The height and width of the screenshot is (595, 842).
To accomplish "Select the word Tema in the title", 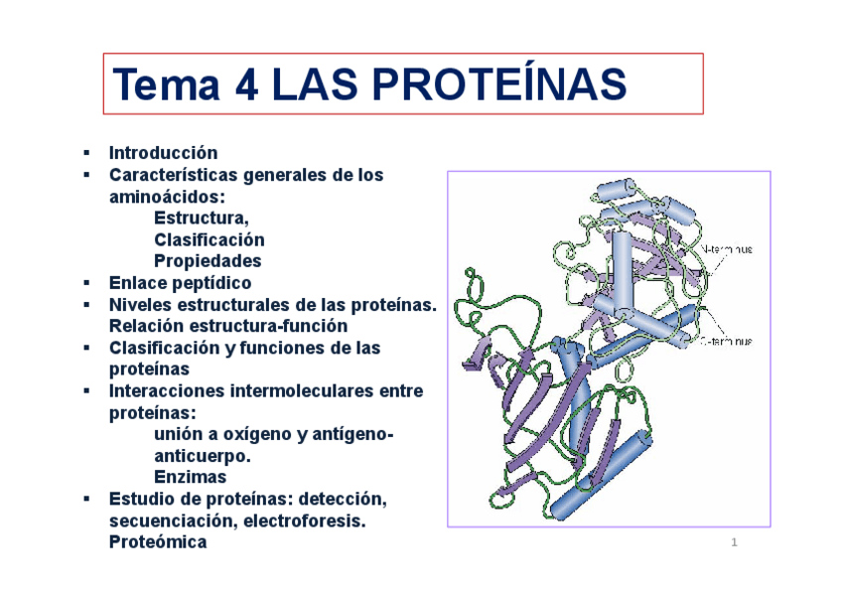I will (x=166, y=84).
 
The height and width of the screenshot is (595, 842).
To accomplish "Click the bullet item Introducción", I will (x=163, y=153).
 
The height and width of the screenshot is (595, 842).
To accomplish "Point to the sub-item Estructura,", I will (x=202, y=218).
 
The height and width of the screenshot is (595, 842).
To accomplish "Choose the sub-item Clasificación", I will (x=210, y=239).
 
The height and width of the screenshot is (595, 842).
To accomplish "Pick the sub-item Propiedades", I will (x=208, y=261).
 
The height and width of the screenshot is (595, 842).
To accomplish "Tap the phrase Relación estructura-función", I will (x=228, y=326).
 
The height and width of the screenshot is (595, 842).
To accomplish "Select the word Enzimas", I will (x=191, y=478).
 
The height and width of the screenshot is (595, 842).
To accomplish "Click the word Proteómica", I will (x=158, y=542).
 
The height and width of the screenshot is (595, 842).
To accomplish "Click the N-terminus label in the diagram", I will (x=727, y=249).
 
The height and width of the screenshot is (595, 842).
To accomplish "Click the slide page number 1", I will (x=734, y=542).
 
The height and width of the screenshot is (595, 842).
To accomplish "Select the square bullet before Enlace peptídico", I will (x=86, y=283).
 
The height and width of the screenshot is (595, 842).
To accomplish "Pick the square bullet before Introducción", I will (x=86, y=153).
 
